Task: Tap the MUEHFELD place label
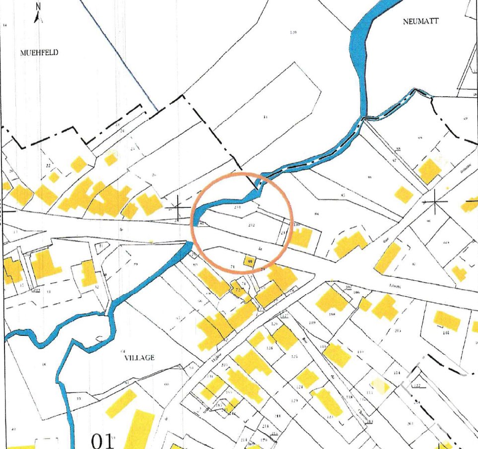(x=39, y=52)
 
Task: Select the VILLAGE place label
(x=139, y=357)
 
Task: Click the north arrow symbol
(x=38, y=13)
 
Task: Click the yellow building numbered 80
(x=250, y=261)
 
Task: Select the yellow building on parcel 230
(x=300, y=237)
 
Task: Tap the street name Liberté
(x=395, y=286)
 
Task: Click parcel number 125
(x=294, y=356)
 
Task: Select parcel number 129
(x=294, y=400)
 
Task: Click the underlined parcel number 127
(x=284, y=316)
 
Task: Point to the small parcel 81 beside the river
(x=202, y=224)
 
